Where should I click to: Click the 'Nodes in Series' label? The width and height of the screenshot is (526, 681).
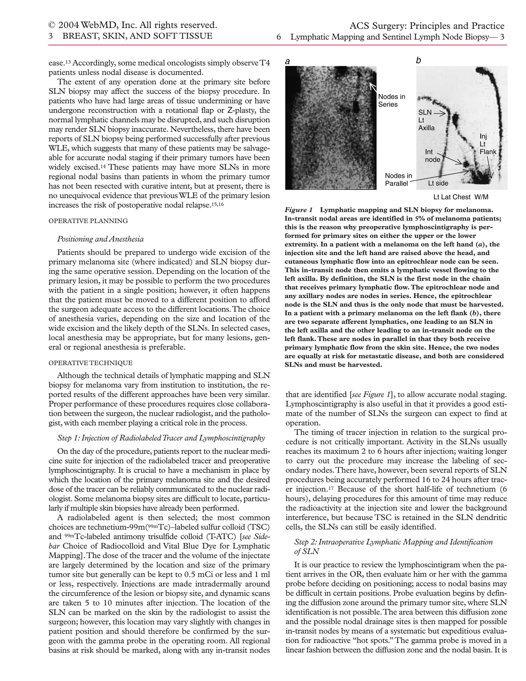click(x=392, y=101)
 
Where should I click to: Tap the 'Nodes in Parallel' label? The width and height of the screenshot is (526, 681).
click(x=398, y=180)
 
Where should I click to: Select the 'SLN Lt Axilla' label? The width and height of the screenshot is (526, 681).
click(x=426, y=120)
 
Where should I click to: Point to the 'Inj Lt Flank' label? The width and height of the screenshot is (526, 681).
click(x=487, y=144)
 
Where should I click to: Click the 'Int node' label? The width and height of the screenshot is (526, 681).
click(x=433, y=155)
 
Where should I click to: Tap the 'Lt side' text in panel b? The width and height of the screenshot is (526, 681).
click(x=438, y=183)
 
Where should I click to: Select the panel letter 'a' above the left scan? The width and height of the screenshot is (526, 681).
click(x=287, y=62)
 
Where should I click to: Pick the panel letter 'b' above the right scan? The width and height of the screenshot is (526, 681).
click(x=418, y=60)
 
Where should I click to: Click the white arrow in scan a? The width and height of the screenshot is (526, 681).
click(x=373, y=87)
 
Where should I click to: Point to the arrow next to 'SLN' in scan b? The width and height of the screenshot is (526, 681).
click(x=440, y=114)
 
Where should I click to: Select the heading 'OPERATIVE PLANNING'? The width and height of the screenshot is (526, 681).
click(x=88, y=221)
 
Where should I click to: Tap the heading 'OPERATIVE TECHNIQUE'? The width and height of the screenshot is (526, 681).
click(x=90, y=363)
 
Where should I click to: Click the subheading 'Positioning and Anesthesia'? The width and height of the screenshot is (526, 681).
click(x=100, y=239)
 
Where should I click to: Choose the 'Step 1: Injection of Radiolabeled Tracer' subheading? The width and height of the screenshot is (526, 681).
click(x=161, y=438)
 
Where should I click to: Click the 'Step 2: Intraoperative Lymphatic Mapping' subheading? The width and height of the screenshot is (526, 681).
click(x=393, y=542)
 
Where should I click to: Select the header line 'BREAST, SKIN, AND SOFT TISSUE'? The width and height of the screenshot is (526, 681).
click(x=137, y=36)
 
